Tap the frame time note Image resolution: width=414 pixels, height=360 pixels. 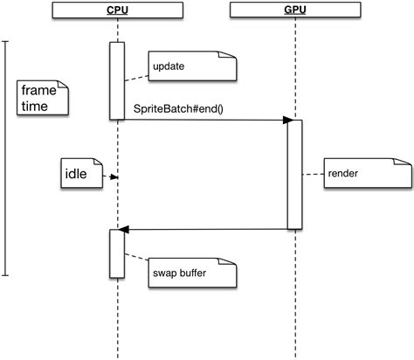43,96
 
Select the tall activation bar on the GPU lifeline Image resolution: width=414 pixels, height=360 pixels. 294,175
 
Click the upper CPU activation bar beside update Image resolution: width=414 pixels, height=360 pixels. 116,80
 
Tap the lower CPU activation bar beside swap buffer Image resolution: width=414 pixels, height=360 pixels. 116,252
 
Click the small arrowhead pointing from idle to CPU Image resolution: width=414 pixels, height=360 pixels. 114,177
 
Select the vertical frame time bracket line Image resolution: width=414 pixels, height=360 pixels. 7,157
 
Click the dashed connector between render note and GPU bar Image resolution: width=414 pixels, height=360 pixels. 312,174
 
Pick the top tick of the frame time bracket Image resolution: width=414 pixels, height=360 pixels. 7,40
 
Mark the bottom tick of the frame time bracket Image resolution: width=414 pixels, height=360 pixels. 7,275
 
